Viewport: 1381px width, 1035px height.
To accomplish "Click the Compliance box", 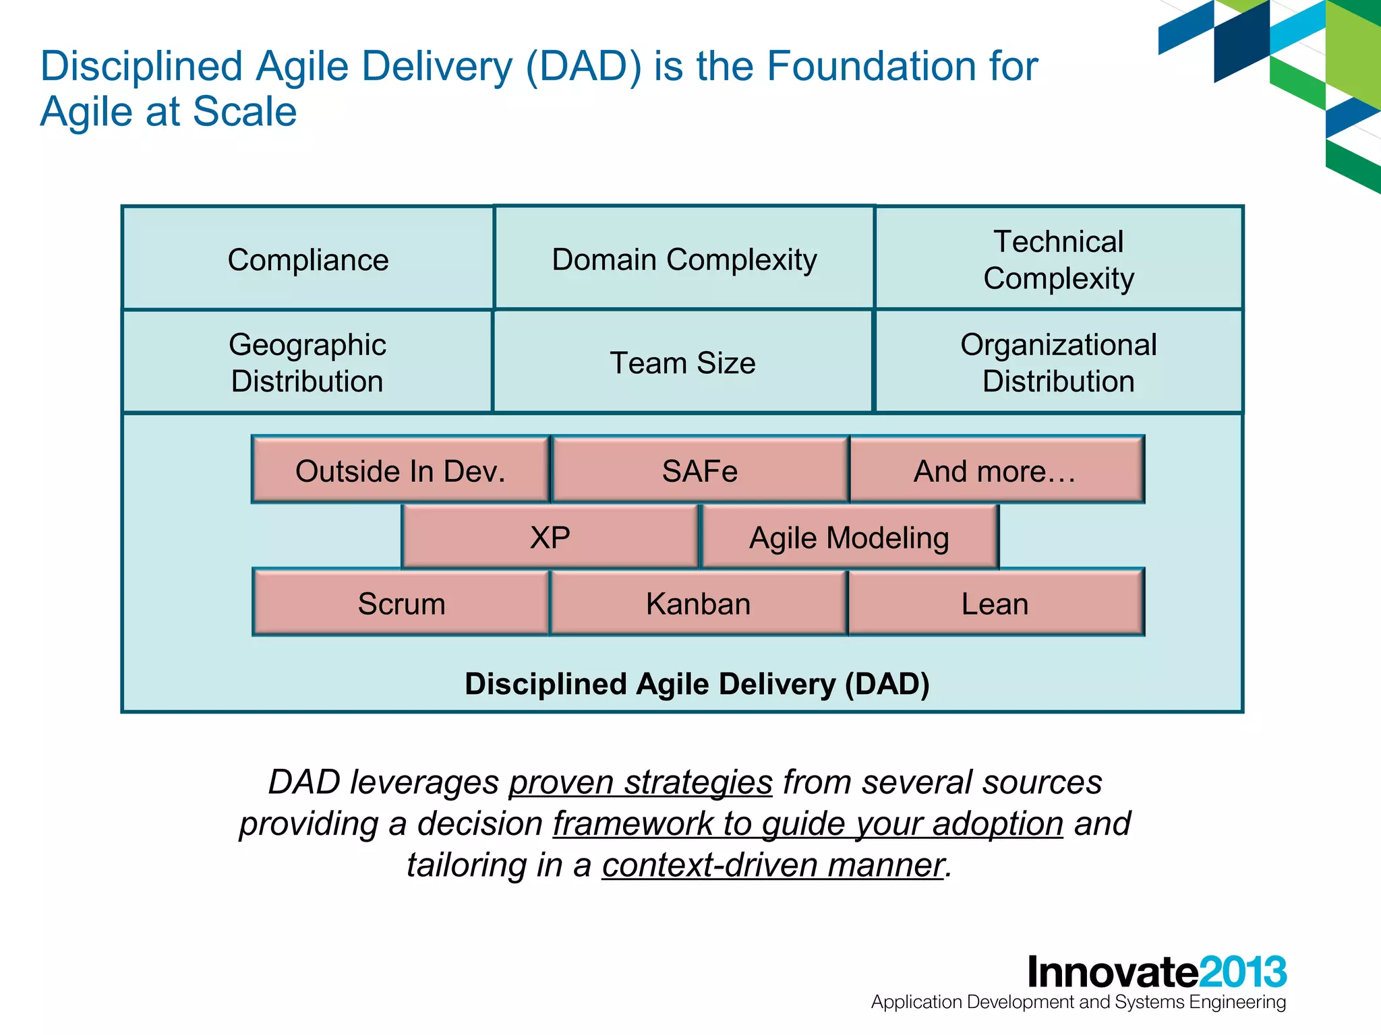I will pos(307,259).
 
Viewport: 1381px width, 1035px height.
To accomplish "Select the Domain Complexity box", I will pos(684,259).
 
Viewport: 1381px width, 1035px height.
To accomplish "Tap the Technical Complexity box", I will pos(1058,259).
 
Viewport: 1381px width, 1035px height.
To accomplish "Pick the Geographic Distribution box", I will pos(307,363).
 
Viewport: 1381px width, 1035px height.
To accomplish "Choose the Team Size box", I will pos(682,363).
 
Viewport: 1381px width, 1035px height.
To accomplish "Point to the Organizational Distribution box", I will pos(1058,363).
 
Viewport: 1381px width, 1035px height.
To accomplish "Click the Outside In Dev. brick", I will pos(401,470).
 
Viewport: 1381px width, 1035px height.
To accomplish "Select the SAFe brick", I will pos(699,470).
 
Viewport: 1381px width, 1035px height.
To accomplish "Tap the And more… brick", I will pos(995,470).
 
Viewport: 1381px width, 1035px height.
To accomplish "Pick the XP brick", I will pos(550,537).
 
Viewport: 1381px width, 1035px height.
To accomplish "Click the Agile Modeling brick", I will pos(849,537).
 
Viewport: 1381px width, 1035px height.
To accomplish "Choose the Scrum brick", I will pos(401,603).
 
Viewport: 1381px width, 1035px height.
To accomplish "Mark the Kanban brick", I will pos(698,603).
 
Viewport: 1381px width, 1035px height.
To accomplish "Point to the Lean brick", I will pos(995,603).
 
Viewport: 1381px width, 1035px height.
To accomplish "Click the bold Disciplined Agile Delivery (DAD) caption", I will pos(697,683).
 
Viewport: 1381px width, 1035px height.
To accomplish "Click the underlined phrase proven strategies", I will pos(640,782).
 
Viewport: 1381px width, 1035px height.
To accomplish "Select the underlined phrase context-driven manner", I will pos(773,865).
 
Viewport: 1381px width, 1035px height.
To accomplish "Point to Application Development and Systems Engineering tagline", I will pos(1078,1002).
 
